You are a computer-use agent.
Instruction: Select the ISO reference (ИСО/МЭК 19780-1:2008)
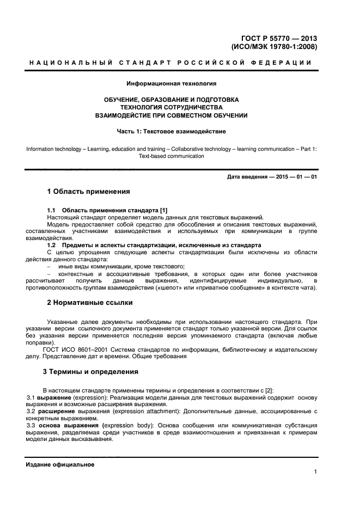pyautogui.click(x=279, y=47)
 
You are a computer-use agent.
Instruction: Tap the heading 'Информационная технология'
pyautogui.click(x=172, y=84)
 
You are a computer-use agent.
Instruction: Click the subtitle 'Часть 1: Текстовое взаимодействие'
pyautogui.click(x=172, y=131)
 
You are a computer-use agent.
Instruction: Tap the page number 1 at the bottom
pyautogui.click(x=315, y=472)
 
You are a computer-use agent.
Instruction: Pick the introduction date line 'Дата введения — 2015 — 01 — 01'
pyautogui.click(x=272, y=177)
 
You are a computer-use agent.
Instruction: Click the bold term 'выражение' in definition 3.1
pyautogui.click(x=51, y=397)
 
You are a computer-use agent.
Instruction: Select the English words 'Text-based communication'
pyautogui.click(x=172, y=156)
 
